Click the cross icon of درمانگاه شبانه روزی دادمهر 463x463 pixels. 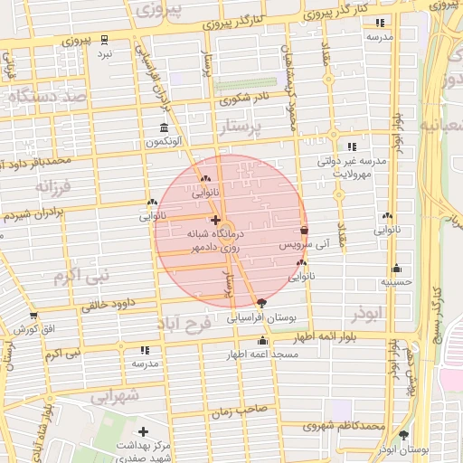coord(214,220)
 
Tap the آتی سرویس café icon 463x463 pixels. coord(303,231)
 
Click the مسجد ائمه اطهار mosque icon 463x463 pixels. coord(262,341)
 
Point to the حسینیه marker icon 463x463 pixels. coord(396,269)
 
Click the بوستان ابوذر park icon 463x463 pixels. coord(403,436)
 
